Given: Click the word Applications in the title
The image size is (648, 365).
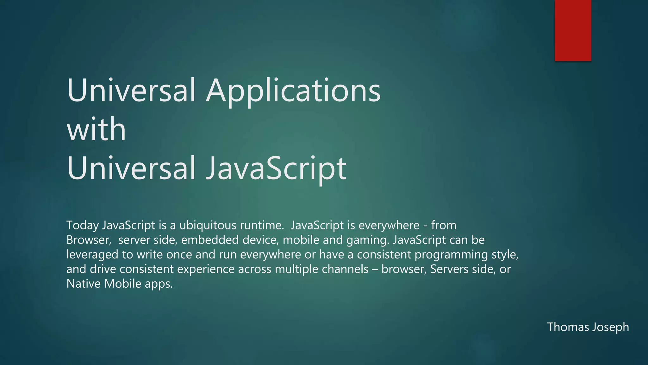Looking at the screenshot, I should tap(293, 91).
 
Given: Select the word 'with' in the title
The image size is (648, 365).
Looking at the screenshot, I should tap(97, 129).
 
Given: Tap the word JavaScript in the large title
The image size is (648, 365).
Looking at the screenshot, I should tap(276, 168).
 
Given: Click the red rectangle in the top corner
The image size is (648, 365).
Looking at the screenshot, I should tap(573, 30).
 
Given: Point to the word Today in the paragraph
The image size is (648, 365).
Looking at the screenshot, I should tap(83, 226).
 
